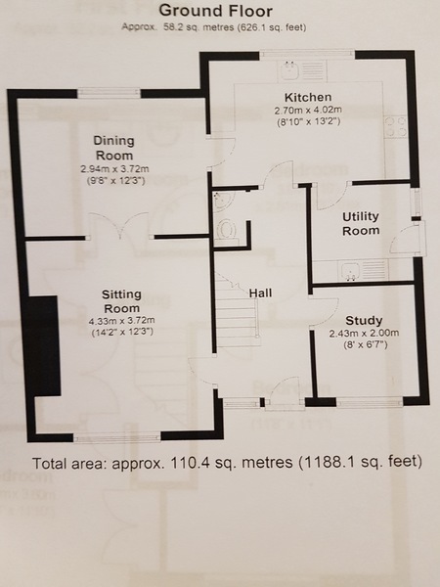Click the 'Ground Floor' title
(x=215, y=11)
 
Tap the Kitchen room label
(x=308, y=97)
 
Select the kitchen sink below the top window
(x=301, y=70)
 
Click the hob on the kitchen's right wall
(x=395, y=127)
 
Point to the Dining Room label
(x=113, y=148)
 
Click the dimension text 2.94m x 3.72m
(x=114, y=169)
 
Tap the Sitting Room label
(x=121, y=301)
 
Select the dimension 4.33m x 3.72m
(x=121, y=321)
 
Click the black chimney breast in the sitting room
(x=43, y=345)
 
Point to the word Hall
(x=260, y=293)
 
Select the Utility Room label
(x=361, y=223)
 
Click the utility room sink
(x=363, y=271)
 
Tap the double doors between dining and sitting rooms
(x=119, y=226)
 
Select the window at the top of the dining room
(x=109, y=93)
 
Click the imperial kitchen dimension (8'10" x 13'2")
(x=309, y=121)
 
